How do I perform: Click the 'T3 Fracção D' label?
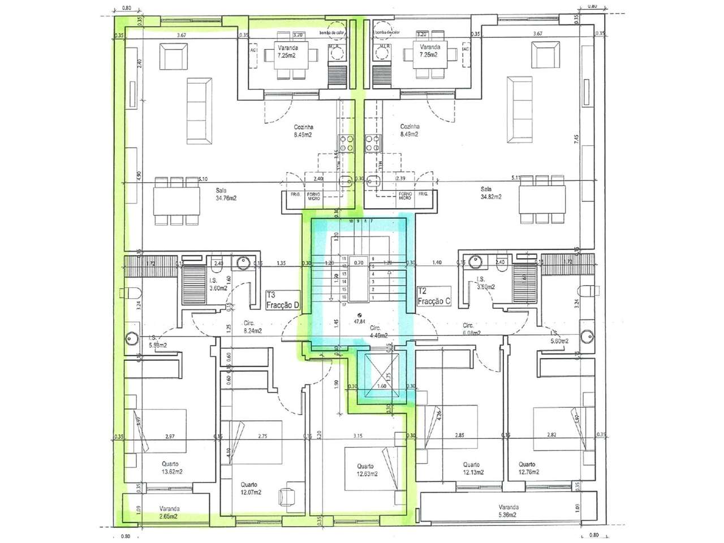point(282,300)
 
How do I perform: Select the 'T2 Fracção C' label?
point(433,296)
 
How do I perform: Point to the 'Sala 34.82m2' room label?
point(489,193)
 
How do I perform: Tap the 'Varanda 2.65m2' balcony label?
point(169,512)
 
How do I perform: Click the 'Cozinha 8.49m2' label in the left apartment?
point(303,131)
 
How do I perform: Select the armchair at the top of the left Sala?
point(174,57)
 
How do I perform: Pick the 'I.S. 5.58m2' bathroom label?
point(158,342)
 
